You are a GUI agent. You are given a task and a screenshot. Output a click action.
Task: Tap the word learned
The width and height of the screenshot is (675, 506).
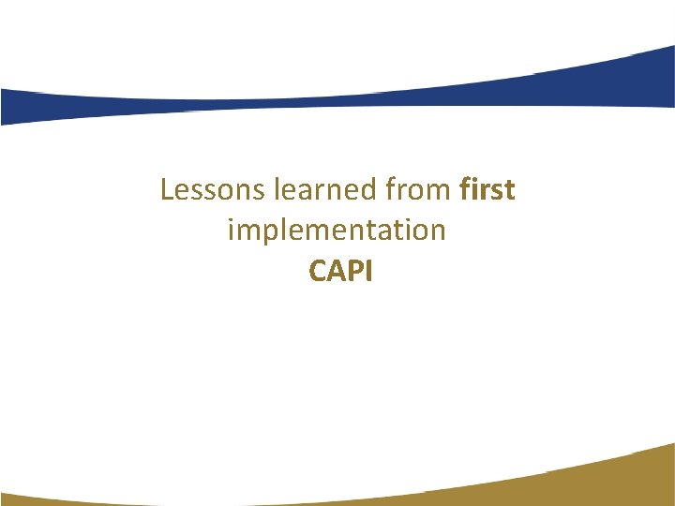[x=326, y=190]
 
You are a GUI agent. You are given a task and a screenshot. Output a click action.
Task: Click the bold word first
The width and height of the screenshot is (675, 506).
[x=487, y=190]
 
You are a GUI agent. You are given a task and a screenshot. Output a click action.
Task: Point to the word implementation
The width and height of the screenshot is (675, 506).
[x=337, y=231]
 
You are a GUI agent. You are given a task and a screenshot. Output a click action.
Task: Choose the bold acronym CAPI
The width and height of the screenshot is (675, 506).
[x=340, y=272]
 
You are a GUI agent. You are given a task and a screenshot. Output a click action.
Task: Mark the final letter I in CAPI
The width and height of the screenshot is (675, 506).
[x=368, y=272]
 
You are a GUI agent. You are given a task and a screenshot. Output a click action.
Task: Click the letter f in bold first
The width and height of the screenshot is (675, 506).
[x=466, y=190]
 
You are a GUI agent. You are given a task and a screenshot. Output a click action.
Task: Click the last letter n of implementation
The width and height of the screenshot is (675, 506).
[x=438, y=231]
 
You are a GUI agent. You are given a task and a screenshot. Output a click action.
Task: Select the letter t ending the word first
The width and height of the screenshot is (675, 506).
[x=510, y=191]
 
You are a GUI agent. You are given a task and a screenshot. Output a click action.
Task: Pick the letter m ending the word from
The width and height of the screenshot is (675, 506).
[x=442, y=192]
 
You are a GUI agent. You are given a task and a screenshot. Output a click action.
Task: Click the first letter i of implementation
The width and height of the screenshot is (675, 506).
[x=231, y=230]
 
